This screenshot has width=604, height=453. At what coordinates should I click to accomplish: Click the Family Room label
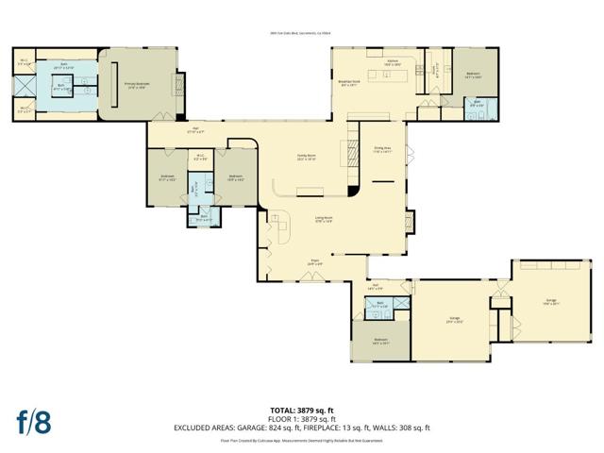pyautogui.click(x=303, y=159)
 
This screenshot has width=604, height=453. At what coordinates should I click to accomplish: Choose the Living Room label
pyautogui.click(x=324, y=220)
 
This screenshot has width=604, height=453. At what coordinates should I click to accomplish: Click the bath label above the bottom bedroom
pyautogui.click(x=378, y=306)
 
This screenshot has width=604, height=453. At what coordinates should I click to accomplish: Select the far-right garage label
pyautogui.click(x=551, y=303)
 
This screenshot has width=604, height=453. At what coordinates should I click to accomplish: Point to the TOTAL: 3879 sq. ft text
pyautogui.click(x=302, y=410)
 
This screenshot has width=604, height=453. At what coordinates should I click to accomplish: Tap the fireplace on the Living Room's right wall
pyautogui.click(x=409, y=223)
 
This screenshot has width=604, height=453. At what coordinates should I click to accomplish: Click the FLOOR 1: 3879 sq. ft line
pyautogui.click(x=302, y=418)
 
